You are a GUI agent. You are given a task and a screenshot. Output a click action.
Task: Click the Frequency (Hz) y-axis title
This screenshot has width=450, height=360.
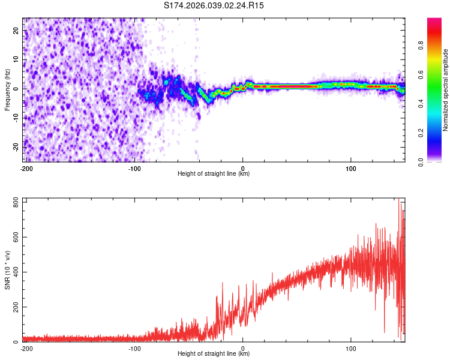[7, 89]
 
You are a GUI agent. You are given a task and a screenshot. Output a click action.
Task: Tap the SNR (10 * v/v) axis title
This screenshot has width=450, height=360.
[7, 270]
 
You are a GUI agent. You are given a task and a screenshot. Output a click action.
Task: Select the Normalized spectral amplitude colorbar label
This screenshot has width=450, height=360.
[446, 90]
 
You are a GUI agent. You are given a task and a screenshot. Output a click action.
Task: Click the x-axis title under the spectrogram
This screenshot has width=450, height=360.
[214, 174]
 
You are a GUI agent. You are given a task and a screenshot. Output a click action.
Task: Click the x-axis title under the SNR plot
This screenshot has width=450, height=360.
[214, 354]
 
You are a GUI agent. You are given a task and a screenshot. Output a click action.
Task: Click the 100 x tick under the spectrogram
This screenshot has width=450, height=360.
[352, 169]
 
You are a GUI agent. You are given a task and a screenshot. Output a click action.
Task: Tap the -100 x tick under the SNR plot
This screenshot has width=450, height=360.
[134, 349]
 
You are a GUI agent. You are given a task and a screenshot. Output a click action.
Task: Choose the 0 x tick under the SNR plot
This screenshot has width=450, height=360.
[243, 349]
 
